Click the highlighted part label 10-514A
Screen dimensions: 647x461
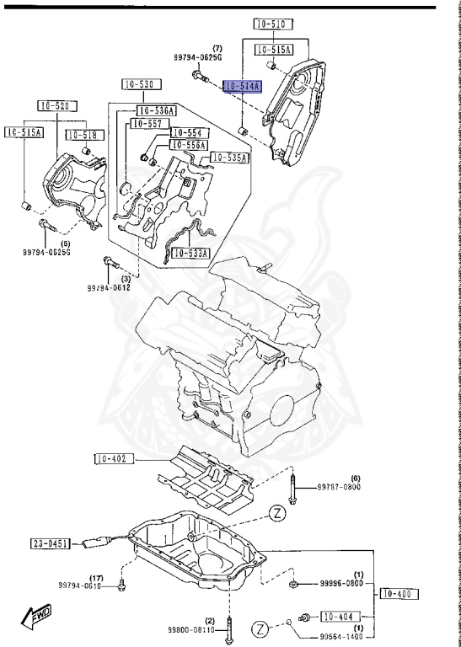pyautogui.click(x=243, y=86)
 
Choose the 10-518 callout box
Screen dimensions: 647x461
pyautogui.click(x=81, y=135)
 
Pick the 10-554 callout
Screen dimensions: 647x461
pyautogui.click(x=189, y=133)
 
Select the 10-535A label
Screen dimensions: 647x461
pyautogui.click(x=229, y=158)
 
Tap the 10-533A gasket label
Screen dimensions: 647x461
pyautogui.click(x=190, y=253)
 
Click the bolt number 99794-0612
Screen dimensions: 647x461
pyautogui.click(x=110, y=288)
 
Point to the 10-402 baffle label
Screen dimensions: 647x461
pyautogui.click(x=111, y=459)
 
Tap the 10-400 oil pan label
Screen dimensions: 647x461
pyautogui.click(x=399, y=594)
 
